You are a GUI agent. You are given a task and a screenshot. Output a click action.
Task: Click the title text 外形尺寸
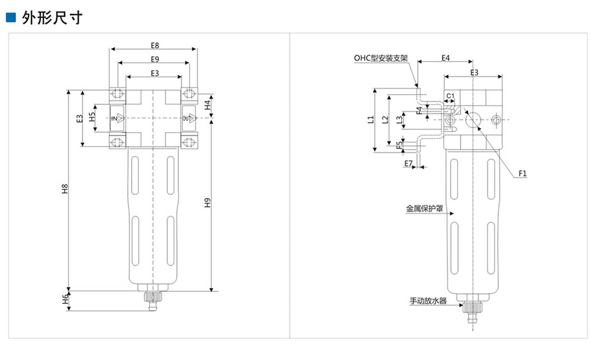pos(52,17)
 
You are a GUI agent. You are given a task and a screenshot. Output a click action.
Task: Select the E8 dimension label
pos(154,46)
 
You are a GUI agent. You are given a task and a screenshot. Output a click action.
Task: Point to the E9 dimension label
pos(154,59)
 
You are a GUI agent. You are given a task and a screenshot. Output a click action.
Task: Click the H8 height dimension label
pos(65,189)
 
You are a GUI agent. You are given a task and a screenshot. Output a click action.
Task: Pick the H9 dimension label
pos(207,203)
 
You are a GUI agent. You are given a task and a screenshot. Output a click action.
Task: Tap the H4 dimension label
pos(207,104)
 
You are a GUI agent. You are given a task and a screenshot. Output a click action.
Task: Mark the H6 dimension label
pos(65,300)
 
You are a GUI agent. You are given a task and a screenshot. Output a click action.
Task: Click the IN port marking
pos(115,118)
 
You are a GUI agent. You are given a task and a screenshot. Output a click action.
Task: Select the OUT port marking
pos(187,118)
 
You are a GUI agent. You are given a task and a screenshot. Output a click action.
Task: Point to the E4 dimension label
pos(445,58)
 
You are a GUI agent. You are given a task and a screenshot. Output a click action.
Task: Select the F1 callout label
pos(522,173)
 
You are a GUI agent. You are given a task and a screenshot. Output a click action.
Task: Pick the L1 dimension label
pos(370,120)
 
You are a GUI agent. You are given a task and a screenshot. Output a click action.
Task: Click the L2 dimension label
pos(385,120)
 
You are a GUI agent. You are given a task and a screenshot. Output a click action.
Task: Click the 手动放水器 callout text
pos(428,301)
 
